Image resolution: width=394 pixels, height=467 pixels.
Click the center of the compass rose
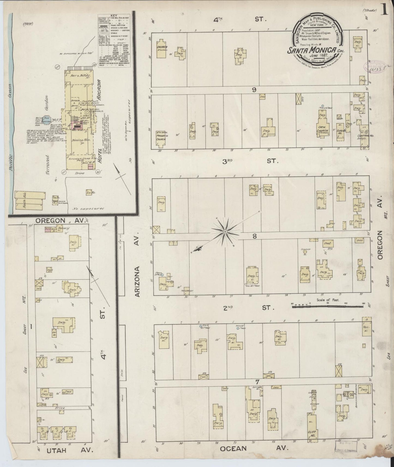225,232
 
